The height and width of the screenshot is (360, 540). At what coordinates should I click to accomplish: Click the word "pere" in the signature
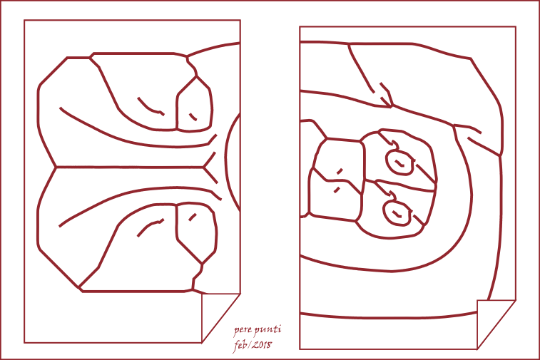pyautogui.click(x=243, y=331)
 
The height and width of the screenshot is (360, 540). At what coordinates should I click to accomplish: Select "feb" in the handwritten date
pyautogui.click(x=241, y=345)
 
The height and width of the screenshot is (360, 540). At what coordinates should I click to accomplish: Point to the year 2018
pyautogui.click(x=261, y=345)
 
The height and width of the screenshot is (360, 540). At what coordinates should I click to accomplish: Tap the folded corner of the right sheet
pyautogui.click(x=496, y=324)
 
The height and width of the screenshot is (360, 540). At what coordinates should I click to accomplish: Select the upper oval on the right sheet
pyautogui.click(x=399, y=163)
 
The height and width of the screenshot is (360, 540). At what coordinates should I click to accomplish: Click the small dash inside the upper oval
pyautogui.click(x=399, y=163)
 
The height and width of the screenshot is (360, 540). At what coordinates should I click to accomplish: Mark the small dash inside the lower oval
pyautogui.click(x=397, y=215)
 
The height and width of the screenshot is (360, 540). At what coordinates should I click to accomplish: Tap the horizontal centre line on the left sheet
pyautogui.click(x=130, y=168)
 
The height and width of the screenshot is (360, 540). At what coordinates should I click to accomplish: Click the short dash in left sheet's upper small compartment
pyautogui.click(x=193, y=117)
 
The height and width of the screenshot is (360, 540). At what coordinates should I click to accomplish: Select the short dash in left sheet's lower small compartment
pyautogui.click(x=193, y=217)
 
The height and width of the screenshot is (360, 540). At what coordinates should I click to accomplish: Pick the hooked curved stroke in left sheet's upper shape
pyautogui.click(x=150, y=108)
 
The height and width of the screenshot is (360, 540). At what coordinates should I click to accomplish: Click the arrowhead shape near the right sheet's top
pyautogui.click(x=386, y=95)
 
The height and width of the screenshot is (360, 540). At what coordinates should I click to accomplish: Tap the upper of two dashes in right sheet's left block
pyautogui.click(x=340, y=171)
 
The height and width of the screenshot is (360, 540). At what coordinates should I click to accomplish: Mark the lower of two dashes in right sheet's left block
pyautogui.click(x=337, y=190)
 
